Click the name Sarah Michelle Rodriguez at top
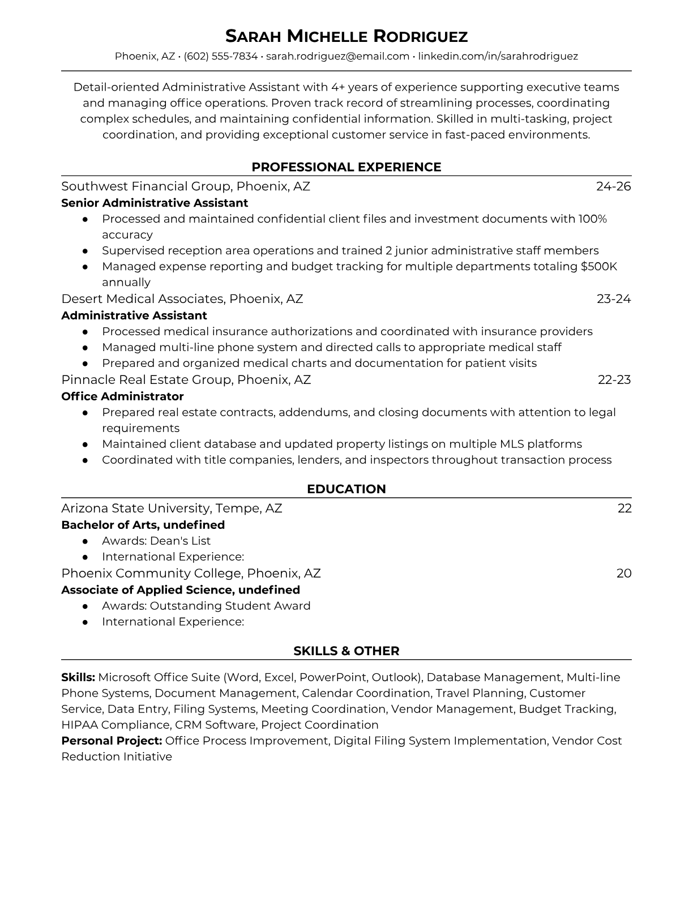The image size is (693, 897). point(346,37)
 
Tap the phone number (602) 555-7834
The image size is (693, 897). point(221,56)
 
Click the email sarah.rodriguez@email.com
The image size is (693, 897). point(337,56)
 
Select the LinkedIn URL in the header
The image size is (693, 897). point(498,56)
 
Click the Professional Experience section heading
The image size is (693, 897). point(346,167)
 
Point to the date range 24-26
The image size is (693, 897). point(613,186)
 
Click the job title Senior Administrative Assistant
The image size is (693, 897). point(155,203)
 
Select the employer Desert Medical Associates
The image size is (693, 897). point(142,299)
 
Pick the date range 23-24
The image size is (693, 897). point(614,299)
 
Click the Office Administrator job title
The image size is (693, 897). point(122,396)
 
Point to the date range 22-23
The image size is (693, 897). point(614,379)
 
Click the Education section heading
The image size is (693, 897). point(346,489)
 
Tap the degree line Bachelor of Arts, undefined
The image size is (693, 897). point(143,525)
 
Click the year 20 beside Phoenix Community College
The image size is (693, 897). point(624,574)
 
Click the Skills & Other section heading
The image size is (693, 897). point(346,651)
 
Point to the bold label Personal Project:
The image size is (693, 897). point(112,741)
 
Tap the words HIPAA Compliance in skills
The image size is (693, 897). point(115,725)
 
